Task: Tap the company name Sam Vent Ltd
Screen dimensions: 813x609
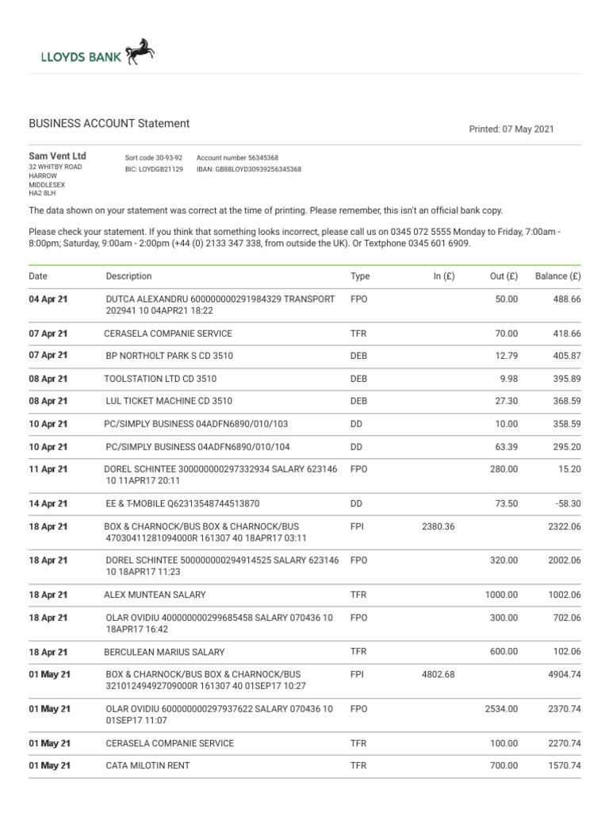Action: tap(58, 156)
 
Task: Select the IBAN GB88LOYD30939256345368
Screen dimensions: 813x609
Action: tap(249, 169)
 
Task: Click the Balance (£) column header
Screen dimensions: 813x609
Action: tap(558, 276)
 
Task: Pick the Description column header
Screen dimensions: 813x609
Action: tap(128, 276)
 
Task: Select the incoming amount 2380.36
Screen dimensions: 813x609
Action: tap(439, 526)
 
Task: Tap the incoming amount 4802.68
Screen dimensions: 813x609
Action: tap(439, 674)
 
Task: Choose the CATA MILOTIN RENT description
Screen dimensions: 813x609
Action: tap(147, 765)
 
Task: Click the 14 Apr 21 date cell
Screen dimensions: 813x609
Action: tap(48, 503)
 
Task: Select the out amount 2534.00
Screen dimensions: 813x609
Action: tap(501, 709)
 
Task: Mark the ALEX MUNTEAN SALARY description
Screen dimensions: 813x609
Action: tap(155, 595)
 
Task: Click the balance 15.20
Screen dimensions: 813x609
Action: tap(570, 469)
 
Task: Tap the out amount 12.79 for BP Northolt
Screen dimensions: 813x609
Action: tap(505, 356)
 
